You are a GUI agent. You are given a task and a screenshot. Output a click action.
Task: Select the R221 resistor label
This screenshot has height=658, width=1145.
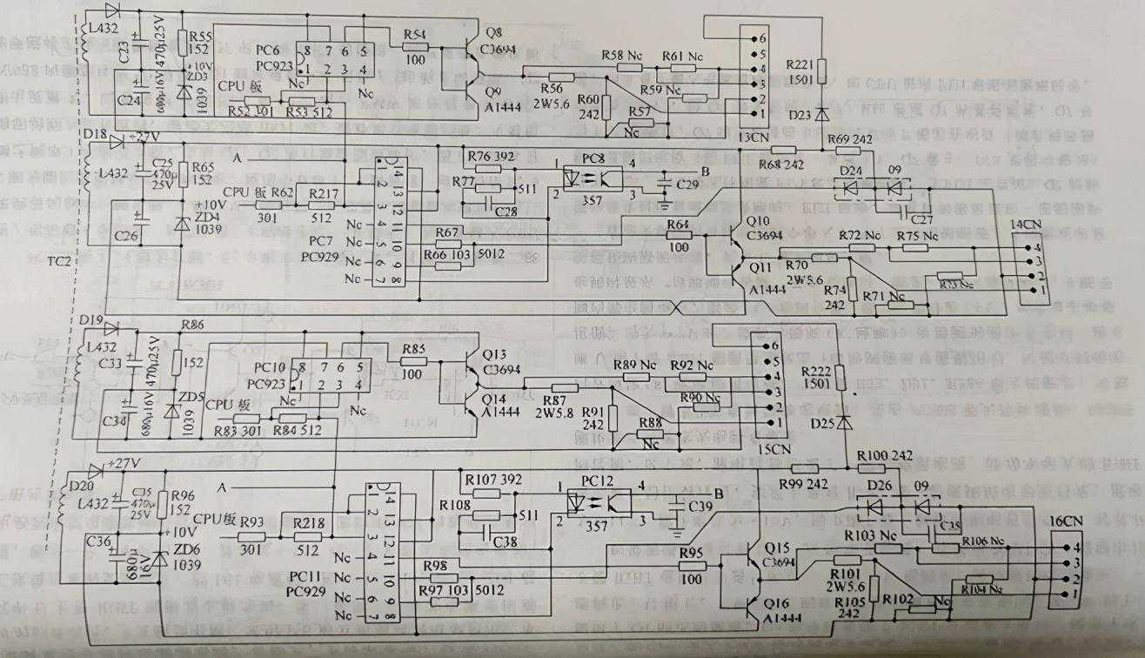[801, 65]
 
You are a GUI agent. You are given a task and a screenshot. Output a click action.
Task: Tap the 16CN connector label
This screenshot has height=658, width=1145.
[1067, 522]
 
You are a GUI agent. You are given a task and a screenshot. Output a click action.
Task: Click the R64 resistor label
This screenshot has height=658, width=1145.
[678, 225]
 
